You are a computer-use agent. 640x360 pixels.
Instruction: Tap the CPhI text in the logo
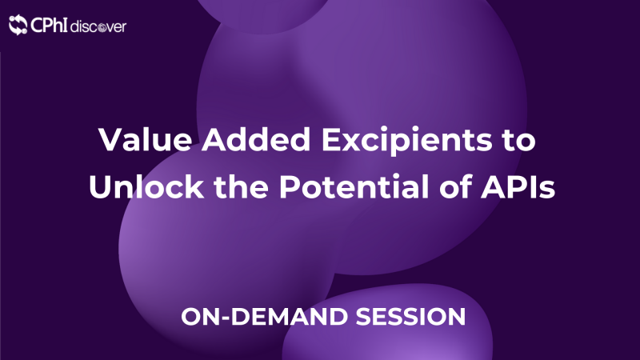click(48, 26)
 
